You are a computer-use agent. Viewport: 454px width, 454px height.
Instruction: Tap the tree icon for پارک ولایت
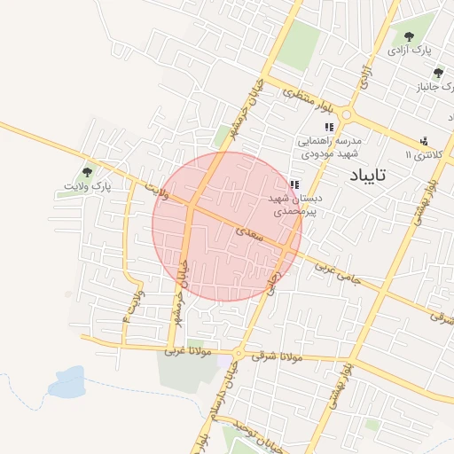87,172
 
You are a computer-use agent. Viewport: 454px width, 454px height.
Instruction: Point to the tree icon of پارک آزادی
409,36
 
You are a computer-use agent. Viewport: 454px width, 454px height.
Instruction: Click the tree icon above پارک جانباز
437,73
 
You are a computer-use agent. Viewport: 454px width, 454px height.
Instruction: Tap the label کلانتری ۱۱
421,155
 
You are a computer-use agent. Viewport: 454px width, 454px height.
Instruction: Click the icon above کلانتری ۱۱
424,140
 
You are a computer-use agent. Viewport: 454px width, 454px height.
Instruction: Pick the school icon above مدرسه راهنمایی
329,128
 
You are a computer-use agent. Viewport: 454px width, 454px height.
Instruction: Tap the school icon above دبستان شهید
294,184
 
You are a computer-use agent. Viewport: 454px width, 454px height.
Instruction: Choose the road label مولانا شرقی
278,356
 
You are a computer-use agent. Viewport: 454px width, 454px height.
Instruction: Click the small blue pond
66,386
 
